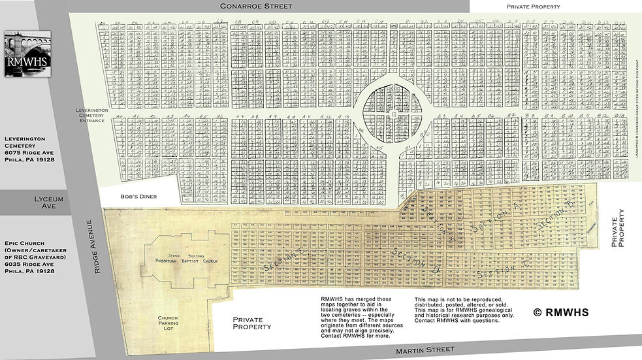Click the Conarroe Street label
[256, 6]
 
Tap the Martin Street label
[425, 351]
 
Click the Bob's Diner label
[135, 195]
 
